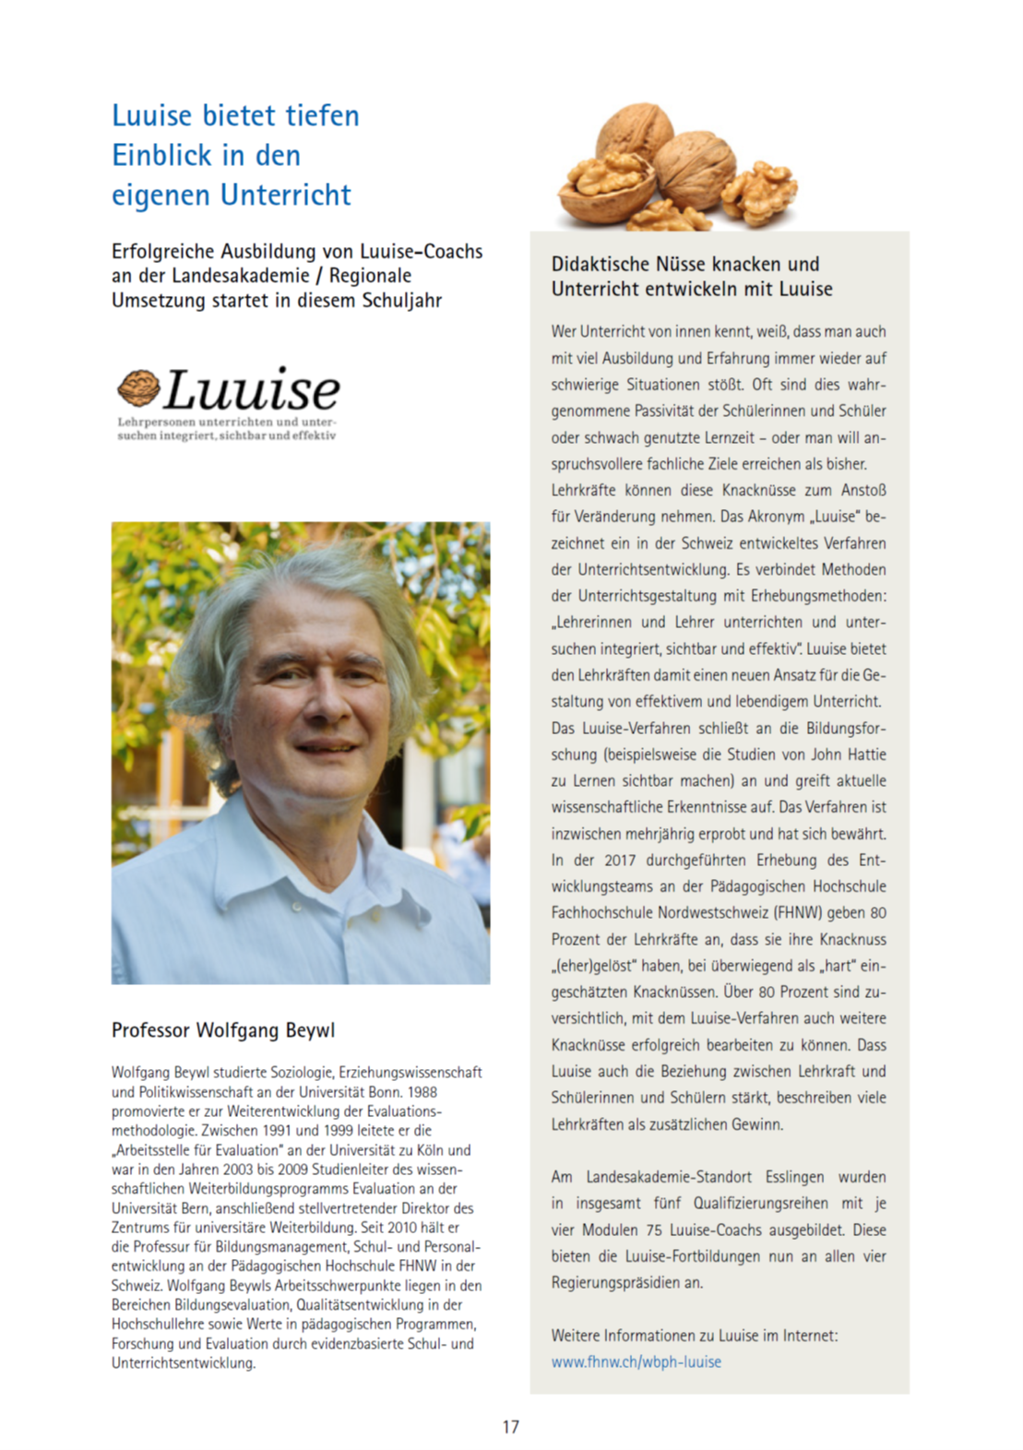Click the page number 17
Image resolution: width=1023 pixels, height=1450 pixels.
pyautogui.click(x=510, y=1427)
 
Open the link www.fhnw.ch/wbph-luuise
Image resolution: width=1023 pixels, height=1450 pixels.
pyautogui.click(x=636, y=1361)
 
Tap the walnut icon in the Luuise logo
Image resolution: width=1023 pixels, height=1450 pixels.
pyautogui.click(x=138, y=387)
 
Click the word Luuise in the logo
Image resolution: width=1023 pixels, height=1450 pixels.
pyautogui.click(x=252, y=389)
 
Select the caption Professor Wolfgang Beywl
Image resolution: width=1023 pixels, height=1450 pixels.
pyautogui.click(x=223, y=1030)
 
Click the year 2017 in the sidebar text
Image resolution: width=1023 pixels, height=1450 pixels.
pyautogui.click(x=620, y=860)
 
